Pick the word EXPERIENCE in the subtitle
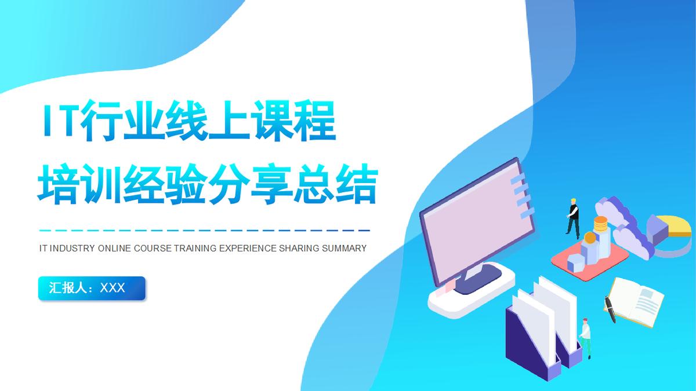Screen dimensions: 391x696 248,249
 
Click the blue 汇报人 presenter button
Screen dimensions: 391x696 92,288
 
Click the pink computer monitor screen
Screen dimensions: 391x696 470,232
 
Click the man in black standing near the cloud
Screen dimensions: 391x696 574,218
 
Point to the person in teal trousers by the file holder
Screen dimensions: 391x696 586,338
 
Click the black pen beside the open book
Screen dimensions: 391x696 610,310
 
